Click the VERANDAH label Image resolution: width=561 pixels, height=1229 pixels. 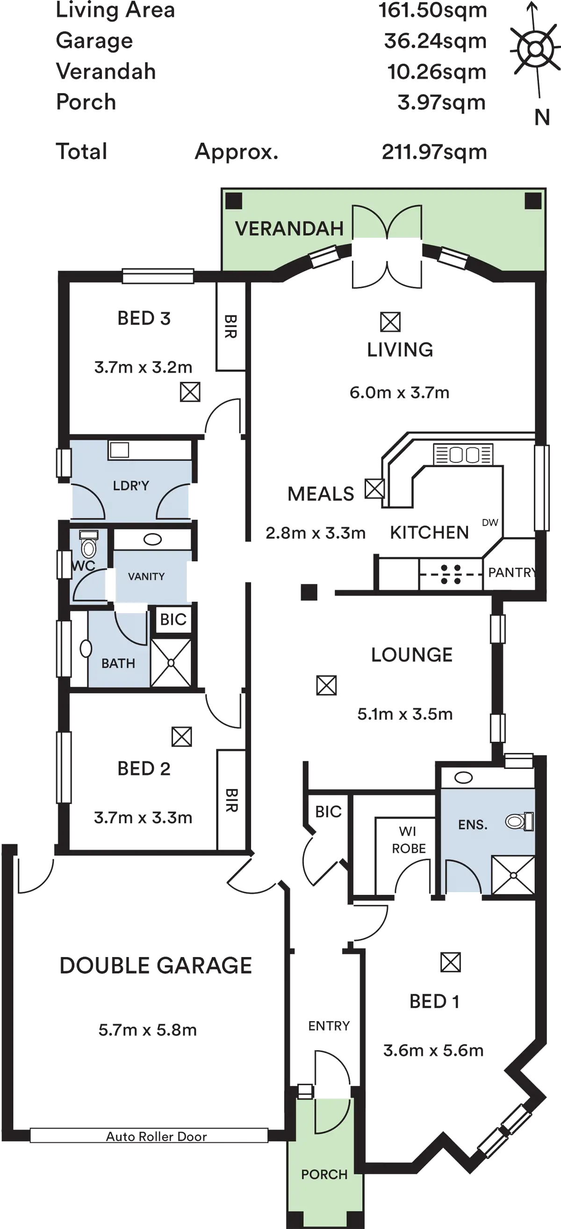[289, 228]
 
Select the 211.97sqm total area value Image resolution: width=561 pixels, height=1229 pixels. [435, 152]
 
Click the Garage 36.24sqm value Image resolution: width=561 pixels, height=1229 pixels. [435, 41]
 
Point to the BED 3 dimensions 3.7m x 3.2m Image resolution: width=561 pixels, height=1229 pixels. [144, 367]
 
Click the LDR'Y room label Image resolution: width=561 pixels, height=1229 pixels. [131, 486]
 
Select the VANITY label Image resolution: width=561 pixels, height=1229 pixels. [146, 576]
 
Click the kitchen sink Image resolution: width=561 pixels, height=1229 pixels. [463, 454]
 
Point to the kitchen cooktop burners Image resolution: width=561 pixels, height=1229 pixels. [450, 575]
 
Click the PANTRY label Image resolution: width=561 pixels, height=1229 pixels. [510, 572]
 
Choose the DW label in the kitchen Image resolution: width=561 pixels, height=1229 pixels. [490, 522]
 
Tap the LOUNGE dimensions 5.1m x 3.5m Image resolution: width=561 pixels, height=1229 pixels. [404, 714]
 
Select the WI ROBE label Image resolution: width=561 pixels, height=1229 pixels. [409, 840]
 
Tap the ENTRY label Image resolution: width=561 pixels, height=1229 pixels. [329, 1026]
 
